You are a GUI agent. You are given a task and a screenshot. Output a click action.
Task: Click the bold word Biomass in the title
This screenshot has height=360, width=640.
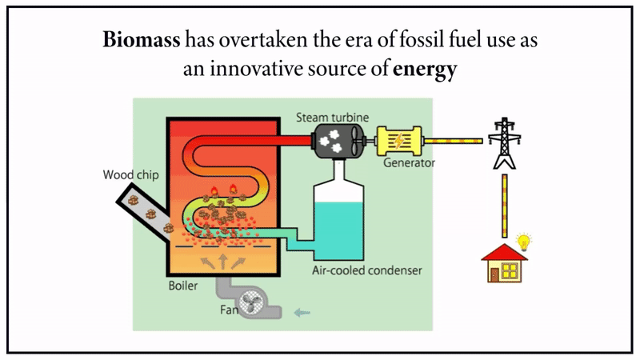(x=143, y=40)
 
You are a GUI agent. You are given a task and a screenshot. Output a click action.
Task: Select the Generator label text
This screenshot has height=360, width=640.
(x=408, y=163)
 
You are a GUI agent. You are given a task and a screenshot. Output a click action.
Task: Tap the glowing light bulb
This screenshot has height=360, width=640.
(x=525, y=240)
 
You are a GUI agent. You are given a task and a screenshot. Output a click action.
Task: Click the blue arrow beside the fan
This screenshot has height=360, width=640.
(x=302, y=312)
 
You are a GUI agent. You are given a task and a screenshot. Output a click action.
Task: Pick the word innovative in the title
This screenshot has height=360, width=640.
(x=249, y=70)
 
